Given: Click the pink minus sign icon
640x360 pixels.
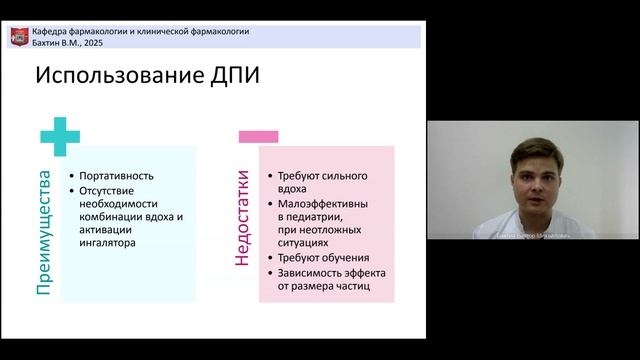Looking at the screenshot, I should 258,135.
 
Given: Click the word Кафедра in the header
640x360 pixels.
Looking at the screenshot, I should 53,32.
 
